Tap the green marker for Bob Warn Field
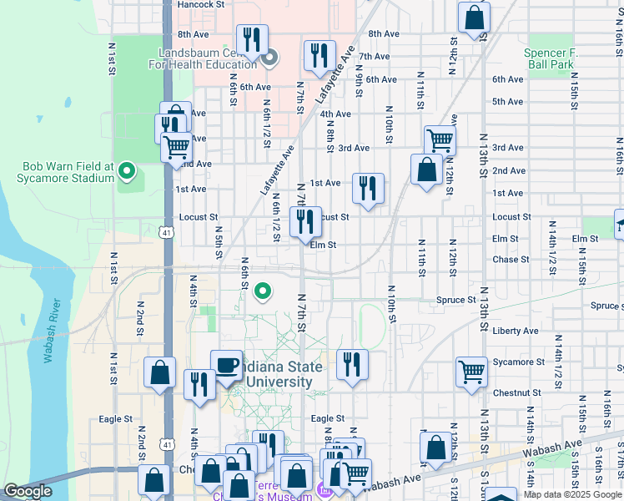(127, 172)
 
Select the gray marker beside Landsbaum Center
(269, 58)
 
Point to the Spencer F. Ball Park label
(549, 58)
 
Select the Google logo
(28, 491)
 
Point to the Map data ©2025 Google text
(571, 494)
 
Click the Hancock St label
(202, 4)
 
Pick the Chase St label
(511, 260)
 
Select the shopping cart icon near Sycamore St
(471, 371)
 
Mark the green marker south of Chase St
(263, 291)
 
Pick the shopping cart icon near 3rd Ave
(440, 140)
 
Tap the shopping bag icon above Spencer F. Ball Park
(474, 18)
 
